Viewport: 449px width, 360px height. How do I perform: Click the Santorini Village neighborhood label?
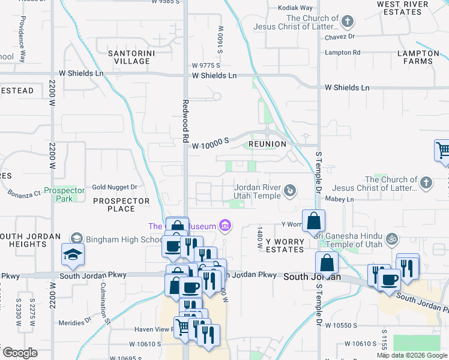coord(128,57)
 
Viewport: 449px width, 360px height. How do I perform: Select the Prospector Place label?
coord(121,205)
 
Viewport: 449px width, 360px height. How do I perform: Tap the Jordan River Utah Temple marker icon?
coord(290,191)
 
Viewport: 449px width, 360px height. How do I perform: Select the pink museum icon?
coord(225,226)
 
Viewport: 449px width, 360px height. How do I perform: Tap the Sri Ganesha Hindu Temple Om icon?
coord(391,239)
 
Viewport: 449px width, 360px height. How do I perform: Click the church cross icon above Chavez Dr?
coord(346,22)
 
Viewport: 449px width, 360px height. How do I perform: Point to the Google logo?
coord(20,353)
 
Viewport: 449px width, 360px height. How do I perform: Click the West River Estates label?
coord(403,8)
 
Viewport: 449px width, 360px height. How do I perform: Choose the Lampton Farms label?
coord(414,57)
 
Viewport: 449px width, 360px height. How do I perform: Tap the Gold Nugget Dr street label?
coord(115,187)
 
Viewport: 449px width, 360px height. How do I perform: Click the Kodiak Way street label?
coord(295,8)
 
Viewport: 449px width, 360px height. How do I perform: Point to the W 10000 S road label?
coord(211,140)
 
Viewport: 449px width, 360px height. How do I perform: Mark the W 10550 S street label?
coord(339,325)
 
